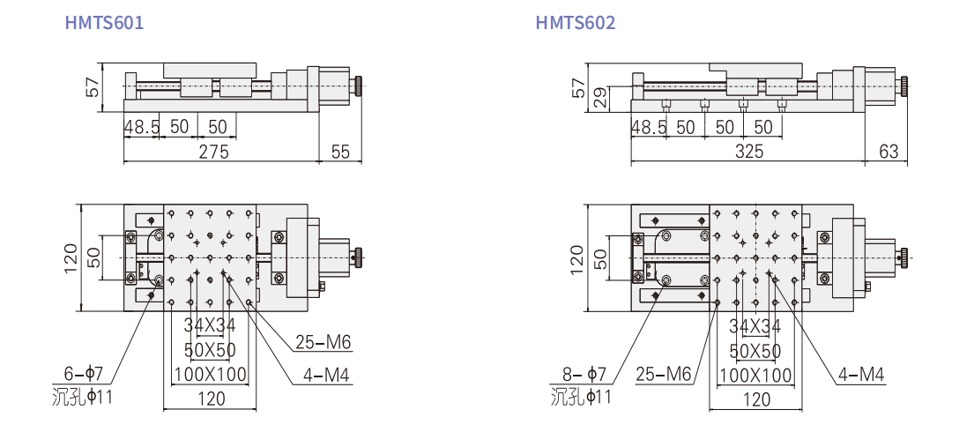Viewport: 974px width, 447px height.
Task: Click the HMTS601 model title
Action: (x=104, y=22)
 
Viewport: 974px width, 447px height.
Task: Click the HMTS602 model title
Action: (x=576, y=22)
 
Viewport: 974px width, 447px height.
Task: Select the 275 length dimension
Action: (x=213, y=152)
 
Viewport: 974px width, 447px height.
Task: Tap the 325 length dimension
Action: (x=749, y=152)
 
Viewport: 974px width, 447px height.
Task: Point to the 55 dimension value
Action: (x=340, y=152)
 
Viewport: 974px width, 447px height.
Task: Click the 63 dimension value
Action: (x=888, y=152)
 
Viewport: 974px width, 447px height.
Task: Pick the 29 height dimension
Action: (x=600, y=99)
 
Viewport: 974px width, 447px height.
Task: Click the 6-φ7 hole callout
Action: (x=83, y=374)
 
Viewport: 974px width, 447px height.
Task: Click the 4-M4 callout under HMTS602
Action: (x=861, y=374)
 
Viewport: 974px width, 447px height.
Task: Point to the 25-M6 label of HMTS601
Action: (x=323, y=342)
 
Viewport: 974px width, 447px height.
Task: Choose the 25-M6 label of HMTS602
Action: (x=664, y=374)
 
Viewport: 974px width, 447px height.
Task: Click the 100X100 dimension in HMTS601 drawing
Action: (x=210, y=374)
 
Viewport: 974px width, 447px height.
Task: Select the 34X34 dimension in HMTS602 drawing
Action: (x=755, y=325)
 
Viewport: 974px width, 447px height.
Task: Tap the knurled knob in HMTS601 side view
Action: (x=360, y=86)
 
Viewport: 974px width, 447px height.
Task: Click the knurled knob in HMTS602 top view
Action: (x=903, y=257)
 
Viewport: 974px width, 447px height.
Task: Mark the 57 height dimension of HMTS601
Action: (x=92, y=87)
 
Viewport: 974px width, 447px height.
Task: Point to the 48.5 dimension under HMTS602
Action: (x=649, y=128)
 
